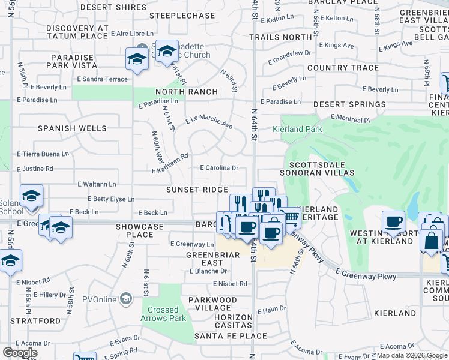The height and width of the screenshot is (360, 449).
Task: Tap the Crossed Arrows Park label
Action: click(163, 314)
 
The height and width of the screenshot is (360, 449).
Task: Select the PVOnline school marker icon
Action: click(126, 298)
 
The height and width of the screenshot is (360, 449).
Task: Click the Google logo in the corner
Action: click(20, 353)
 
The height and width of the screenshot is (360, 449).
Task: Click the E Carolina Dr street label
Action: click(219, 169)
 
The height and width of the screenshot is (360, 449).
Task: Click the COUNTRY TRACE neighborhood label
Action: click(343, 68)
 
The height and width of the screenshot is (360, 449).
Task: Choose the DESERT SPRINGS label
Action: click(349, 104)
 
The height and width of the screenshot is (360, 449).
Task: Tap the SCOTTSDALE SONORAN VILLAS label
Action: click(321, 169)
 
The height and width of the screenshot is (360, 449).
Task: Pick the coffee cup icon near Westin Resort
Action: click(394, 222)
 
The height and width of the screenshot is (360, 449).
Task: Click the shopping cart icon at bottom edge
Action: click(85, 356)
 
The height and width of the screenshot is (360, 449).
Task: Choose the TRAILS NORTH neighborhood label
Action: click(281, 37)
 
